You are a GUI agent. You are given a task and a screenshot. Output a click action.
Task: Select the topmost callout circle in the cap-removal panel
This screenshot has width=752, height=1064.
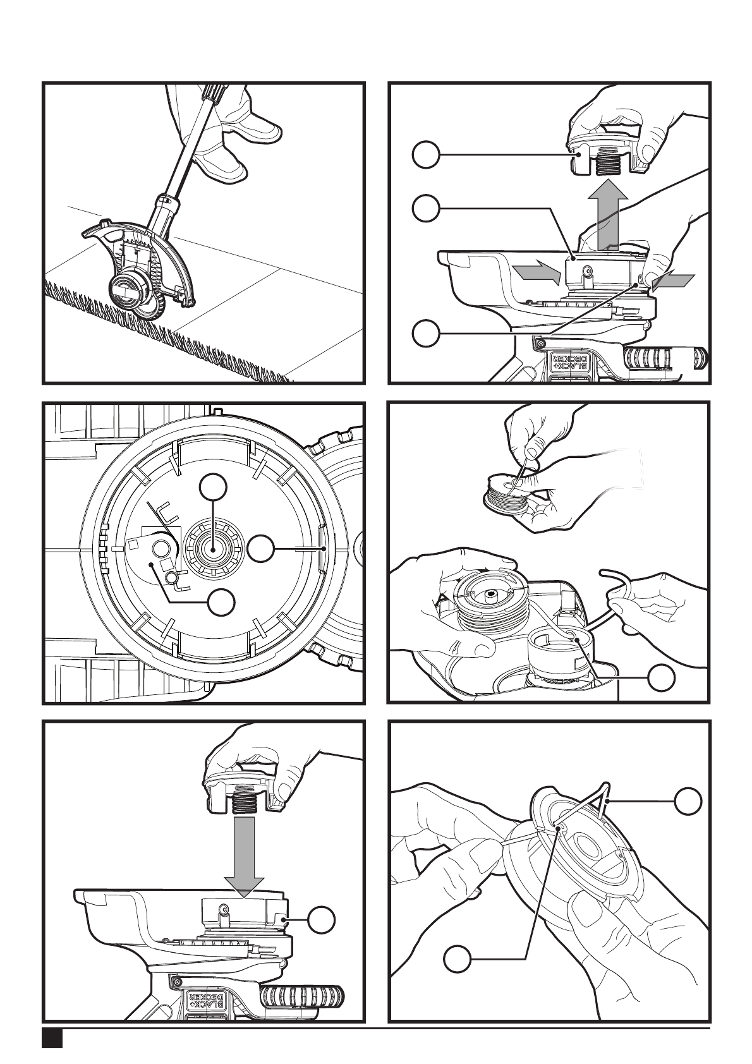426,154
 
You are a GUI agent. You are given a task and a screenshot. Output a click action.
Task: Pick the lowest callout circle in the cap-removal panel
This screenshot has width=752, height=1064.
426,334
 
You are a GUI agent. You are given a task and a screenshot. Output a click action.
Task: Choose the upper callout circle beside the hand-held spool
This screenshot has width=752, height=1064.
688,801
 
